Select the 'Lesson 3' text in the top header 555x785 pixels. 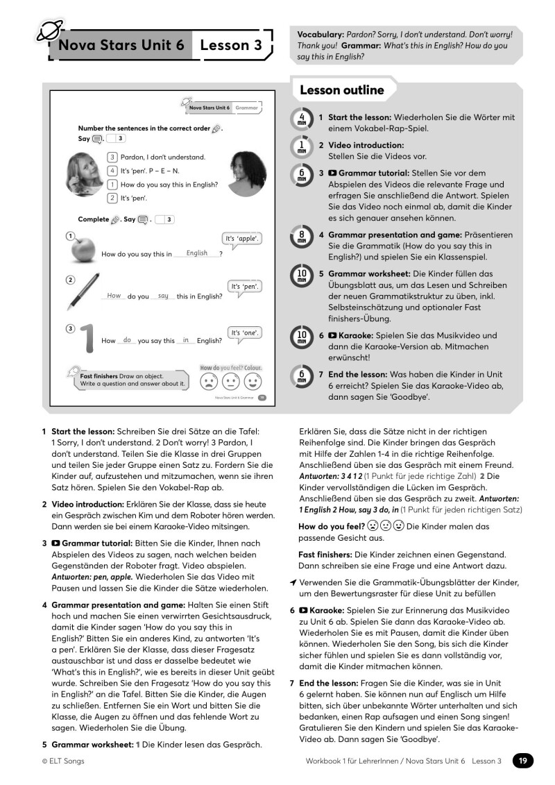pyautogui.click(x=231, y=46)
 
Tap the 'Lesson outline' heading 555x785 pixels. pyautogui.click(x=341, y=90)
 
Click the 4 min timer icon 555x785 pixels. pyautogui.click(x=302, y=119)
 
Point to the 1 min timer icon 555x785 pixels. pyautogui.click(x=302, y=146)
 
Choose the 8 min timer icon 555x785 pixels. pyautogui.click(x=302, y=237)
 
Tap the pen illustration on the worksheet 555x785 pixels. pyautogui.click(x=83, y=292)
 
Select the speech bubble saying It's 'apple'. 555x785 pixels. pyautogui.click(x=241, y=239)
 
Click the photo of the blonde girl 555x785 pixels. pyautogui.click(x=85, y=174)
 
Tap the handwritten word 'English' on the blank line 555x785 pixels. pyautogui.click(x=197, y=253)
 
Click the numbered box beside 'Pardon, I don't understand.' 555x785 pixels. pyautogui.click(x=112, y=158)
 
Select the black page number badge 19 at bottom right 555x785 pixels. pyautogui.click(x=523, y=761)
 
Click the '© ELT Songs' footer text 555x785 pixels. pyautogui.click(x=63, y=761)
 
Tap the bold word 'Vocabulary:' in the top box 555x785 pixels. pyautogui.click(x=321, y=34)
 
